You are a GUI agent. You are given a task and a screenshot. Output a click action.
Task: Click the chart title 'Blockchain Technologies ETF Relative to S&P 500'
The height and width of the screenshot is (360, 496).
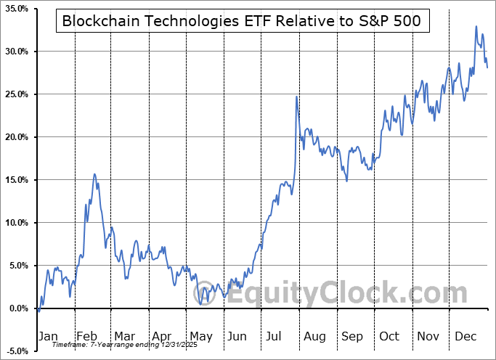240,21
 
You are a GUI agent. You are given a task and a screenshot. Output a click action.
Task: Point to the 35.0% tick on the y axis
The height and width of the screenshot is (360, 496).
15,9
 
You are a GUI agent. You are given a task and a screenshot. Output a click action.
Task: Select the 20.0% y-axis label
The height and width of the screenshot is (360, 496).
15,137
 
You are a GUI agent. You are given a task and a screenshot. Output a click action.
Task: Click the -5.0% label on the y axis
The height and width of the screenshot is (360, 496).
17,351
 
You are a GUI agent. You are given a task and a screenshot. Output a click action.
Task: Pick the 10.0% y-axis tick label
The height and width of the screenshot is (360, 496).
15,223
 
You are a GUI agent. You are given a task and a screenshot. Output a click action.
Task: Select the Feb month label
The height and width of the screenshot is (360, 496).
86,336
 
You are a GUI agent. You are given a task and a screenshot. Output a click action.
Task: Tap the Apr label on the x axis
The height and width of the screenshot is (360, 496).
162,336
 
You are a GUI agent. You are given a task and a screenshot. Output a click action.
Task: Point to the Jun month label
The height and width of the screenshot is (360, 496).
237,336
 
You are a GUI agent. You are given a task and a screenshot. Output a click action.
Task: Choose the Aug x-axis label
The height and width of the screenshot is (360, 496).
314,336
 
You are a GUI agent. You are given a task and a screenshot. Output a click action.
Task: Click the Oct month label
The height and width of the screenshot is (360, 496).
389,336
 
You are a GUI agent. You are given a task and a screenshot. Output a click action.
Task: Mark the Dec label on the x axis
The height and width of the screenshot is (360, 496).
465,336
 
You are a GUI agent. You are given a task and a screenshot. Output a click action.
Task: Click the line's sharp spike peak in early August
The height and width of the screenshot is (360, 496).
296,97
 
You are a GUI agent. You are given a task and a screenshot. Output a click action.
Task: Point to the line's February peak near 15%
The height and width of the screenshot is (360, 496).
94,174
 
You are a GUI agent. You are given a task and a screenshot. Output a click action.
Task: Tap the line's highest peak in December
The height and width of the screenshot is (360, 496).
476,27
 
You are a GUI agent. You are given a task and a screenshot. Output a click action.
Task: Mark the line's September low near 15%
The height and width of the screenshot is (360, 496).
347,181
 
